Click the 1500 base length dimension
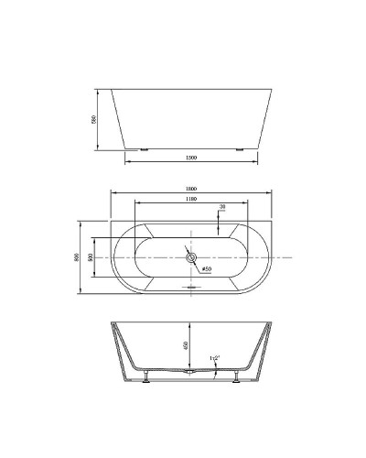tap(191, 158)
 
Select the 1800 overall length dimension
tap(191, 190)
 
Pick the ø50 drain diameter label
tap(207, 268)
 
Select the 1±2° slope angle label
tap(216, 357)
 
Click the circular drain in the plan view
tap(191, 258)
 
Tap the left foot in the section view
tap(145, 379)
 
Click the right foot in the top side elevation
tap(240, 148)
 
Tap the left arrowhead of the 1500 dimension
tap(126, 163)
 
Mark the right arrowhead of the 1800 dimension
tap(271, 193)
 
